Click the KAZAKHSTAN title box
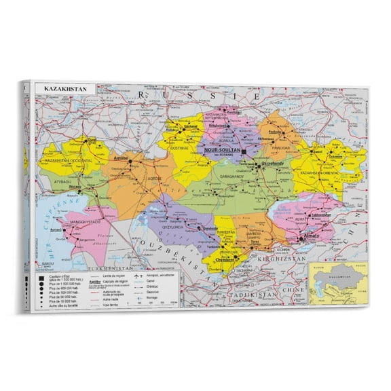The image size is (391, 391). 63,89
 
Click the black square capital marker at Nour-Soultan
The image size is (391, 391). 242,152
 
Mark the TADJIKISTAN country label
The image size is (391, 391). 265,295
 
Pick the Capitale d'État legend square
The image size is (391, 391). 39,276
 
